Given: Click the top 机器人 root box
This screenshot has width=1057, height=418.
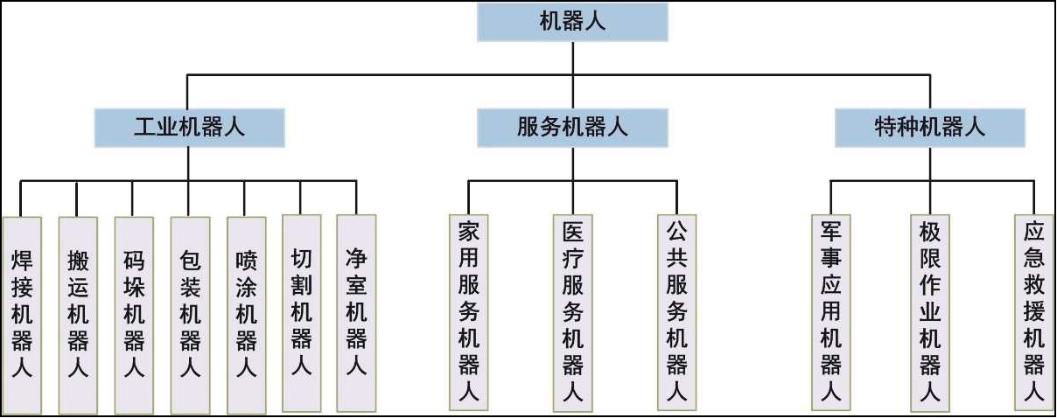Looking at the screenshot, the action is (572, 22).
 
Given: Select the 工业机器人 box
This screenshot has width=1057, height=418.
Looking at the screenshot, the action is (189, 128).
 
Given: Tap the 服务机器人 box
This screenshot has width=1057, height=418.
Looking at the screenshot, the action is (572, 128).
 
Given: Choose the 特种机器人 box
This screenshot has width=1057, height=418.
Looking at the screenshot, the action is (930, 128).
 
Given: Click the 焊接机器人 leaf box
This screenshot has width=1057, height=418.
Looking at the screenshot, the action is (22, 315).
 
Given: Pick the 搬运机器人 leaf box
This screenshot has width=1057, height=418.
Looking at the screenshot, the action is (78, 315).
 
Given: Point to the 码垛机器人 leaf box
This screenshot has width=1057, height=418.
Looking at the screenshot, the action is (134, 315).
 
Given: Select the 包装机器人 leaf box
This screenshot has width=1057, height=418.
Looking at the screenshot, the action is (190, 315).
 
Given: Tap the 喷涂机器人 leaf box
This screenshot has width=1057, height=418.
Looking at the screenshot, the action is (247, 315).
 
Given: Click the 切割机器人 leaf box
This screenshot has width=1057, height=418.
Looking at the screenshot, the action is (302, 313).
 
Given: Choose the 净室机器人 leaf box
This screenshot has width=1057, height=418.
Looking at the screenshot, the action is (356, 313).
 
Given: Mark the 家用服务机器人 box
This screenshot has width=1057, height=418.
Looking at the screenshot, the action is (469, 312).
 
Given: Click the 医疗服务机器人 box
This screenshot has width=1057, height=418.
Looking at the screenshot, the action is (573, 313).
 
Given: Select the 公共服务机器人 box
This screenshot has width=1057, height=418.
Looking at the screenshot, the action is (676, 312).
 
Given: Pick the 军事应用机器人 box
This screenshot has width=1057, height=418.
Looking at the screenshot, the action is (831, 312).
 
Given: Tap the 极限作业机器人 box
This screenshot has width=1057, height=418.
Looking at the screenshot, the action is (930, 313).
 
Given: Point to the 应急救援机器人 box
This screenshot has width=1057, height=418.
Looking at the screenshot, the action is (1034, 312).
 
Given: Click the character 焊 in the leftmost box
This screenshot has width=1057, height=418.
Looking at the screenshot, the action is (22, 261).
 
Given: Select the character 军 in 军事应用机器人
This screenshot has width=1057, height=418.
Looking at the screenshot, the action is (831, 231).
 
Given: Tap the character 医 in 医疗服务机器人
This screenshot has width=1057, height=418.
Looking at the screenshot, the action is (573, 232).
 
